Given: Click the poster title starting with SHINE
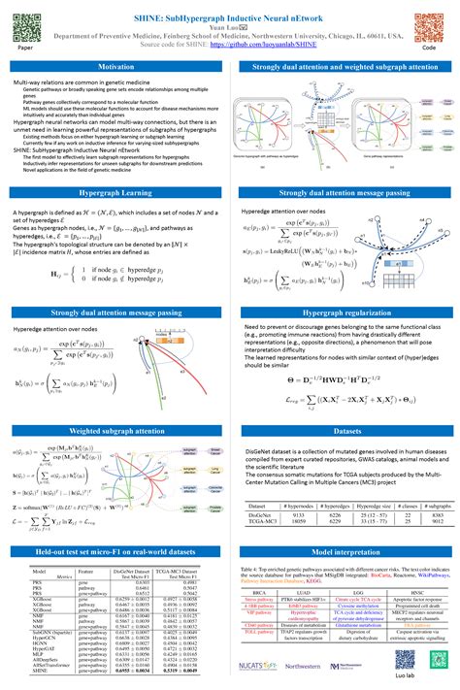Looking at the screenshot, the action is coord(230,11).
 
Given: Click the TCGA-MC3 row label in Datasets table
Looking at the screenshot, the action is coord(265,520).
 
